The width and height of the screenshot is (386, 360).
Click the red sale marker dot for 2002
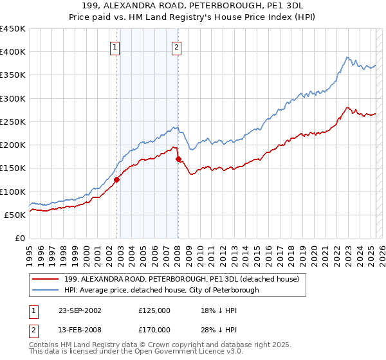(117, 180)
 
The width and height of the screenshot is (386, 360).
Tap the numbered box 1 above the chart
(115, 46)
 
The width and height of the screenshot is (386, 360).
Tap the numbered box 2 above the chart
(176, 46)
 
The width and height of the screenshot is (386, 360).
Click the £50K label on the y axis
(15, 215)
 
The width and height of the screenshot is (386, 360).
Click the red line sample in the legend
(46, 280)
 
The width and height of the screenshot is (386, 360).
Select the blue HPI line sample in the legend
(46, 290)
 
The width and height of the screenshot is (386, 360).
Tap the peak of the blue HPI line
(346, 57)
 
